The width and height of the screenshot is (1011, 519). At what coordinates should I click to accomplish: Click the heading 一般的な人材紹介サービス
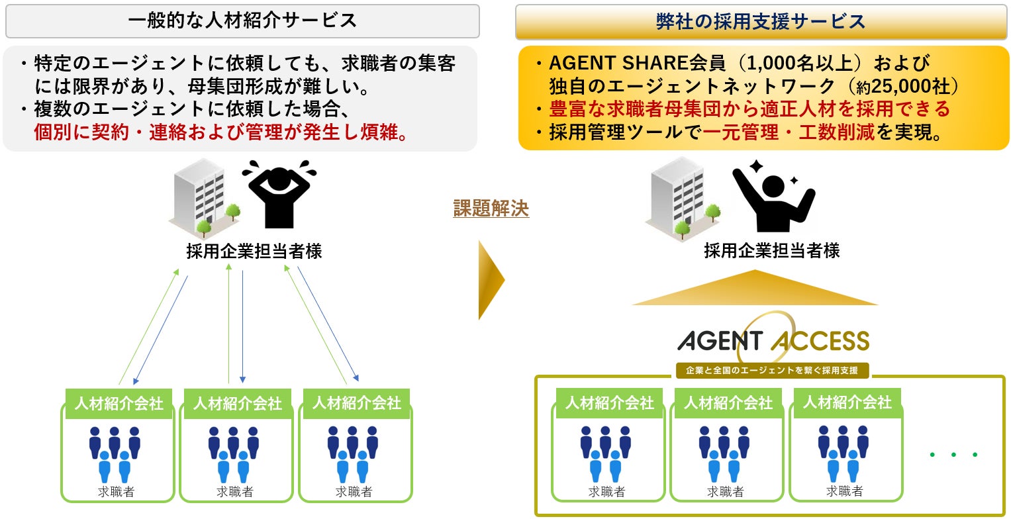point(242,21)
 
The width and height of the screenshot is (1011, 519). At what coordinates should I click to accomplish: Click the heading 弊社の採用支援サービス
point(761,21)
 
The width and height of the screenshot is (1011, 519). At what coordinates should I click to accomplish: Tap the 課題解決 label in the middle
point(491,209)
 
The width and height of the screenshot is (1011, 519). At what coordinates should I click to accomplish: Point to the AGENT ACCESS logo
point(773,340)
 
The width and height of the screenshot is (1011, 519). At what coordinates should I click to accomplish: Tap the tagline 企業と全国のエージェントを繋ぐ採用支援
point(773,371)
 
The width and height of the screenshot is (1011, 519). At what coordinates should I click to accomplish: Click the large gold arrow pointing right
point(491,280)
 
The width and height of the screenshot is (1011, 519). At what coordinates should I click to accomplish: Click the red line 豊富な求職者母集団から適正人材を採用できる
point(749,109)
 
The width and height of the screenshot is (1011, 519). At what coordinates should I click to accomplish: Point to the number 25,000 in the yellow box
point(916,86)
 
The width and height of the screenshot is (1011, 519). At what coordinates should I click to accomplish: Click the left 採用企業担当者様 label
point(254,252)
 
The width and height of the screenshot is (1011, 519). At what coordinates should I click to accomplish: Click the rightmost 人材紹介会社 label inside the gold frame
point(847,402)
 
